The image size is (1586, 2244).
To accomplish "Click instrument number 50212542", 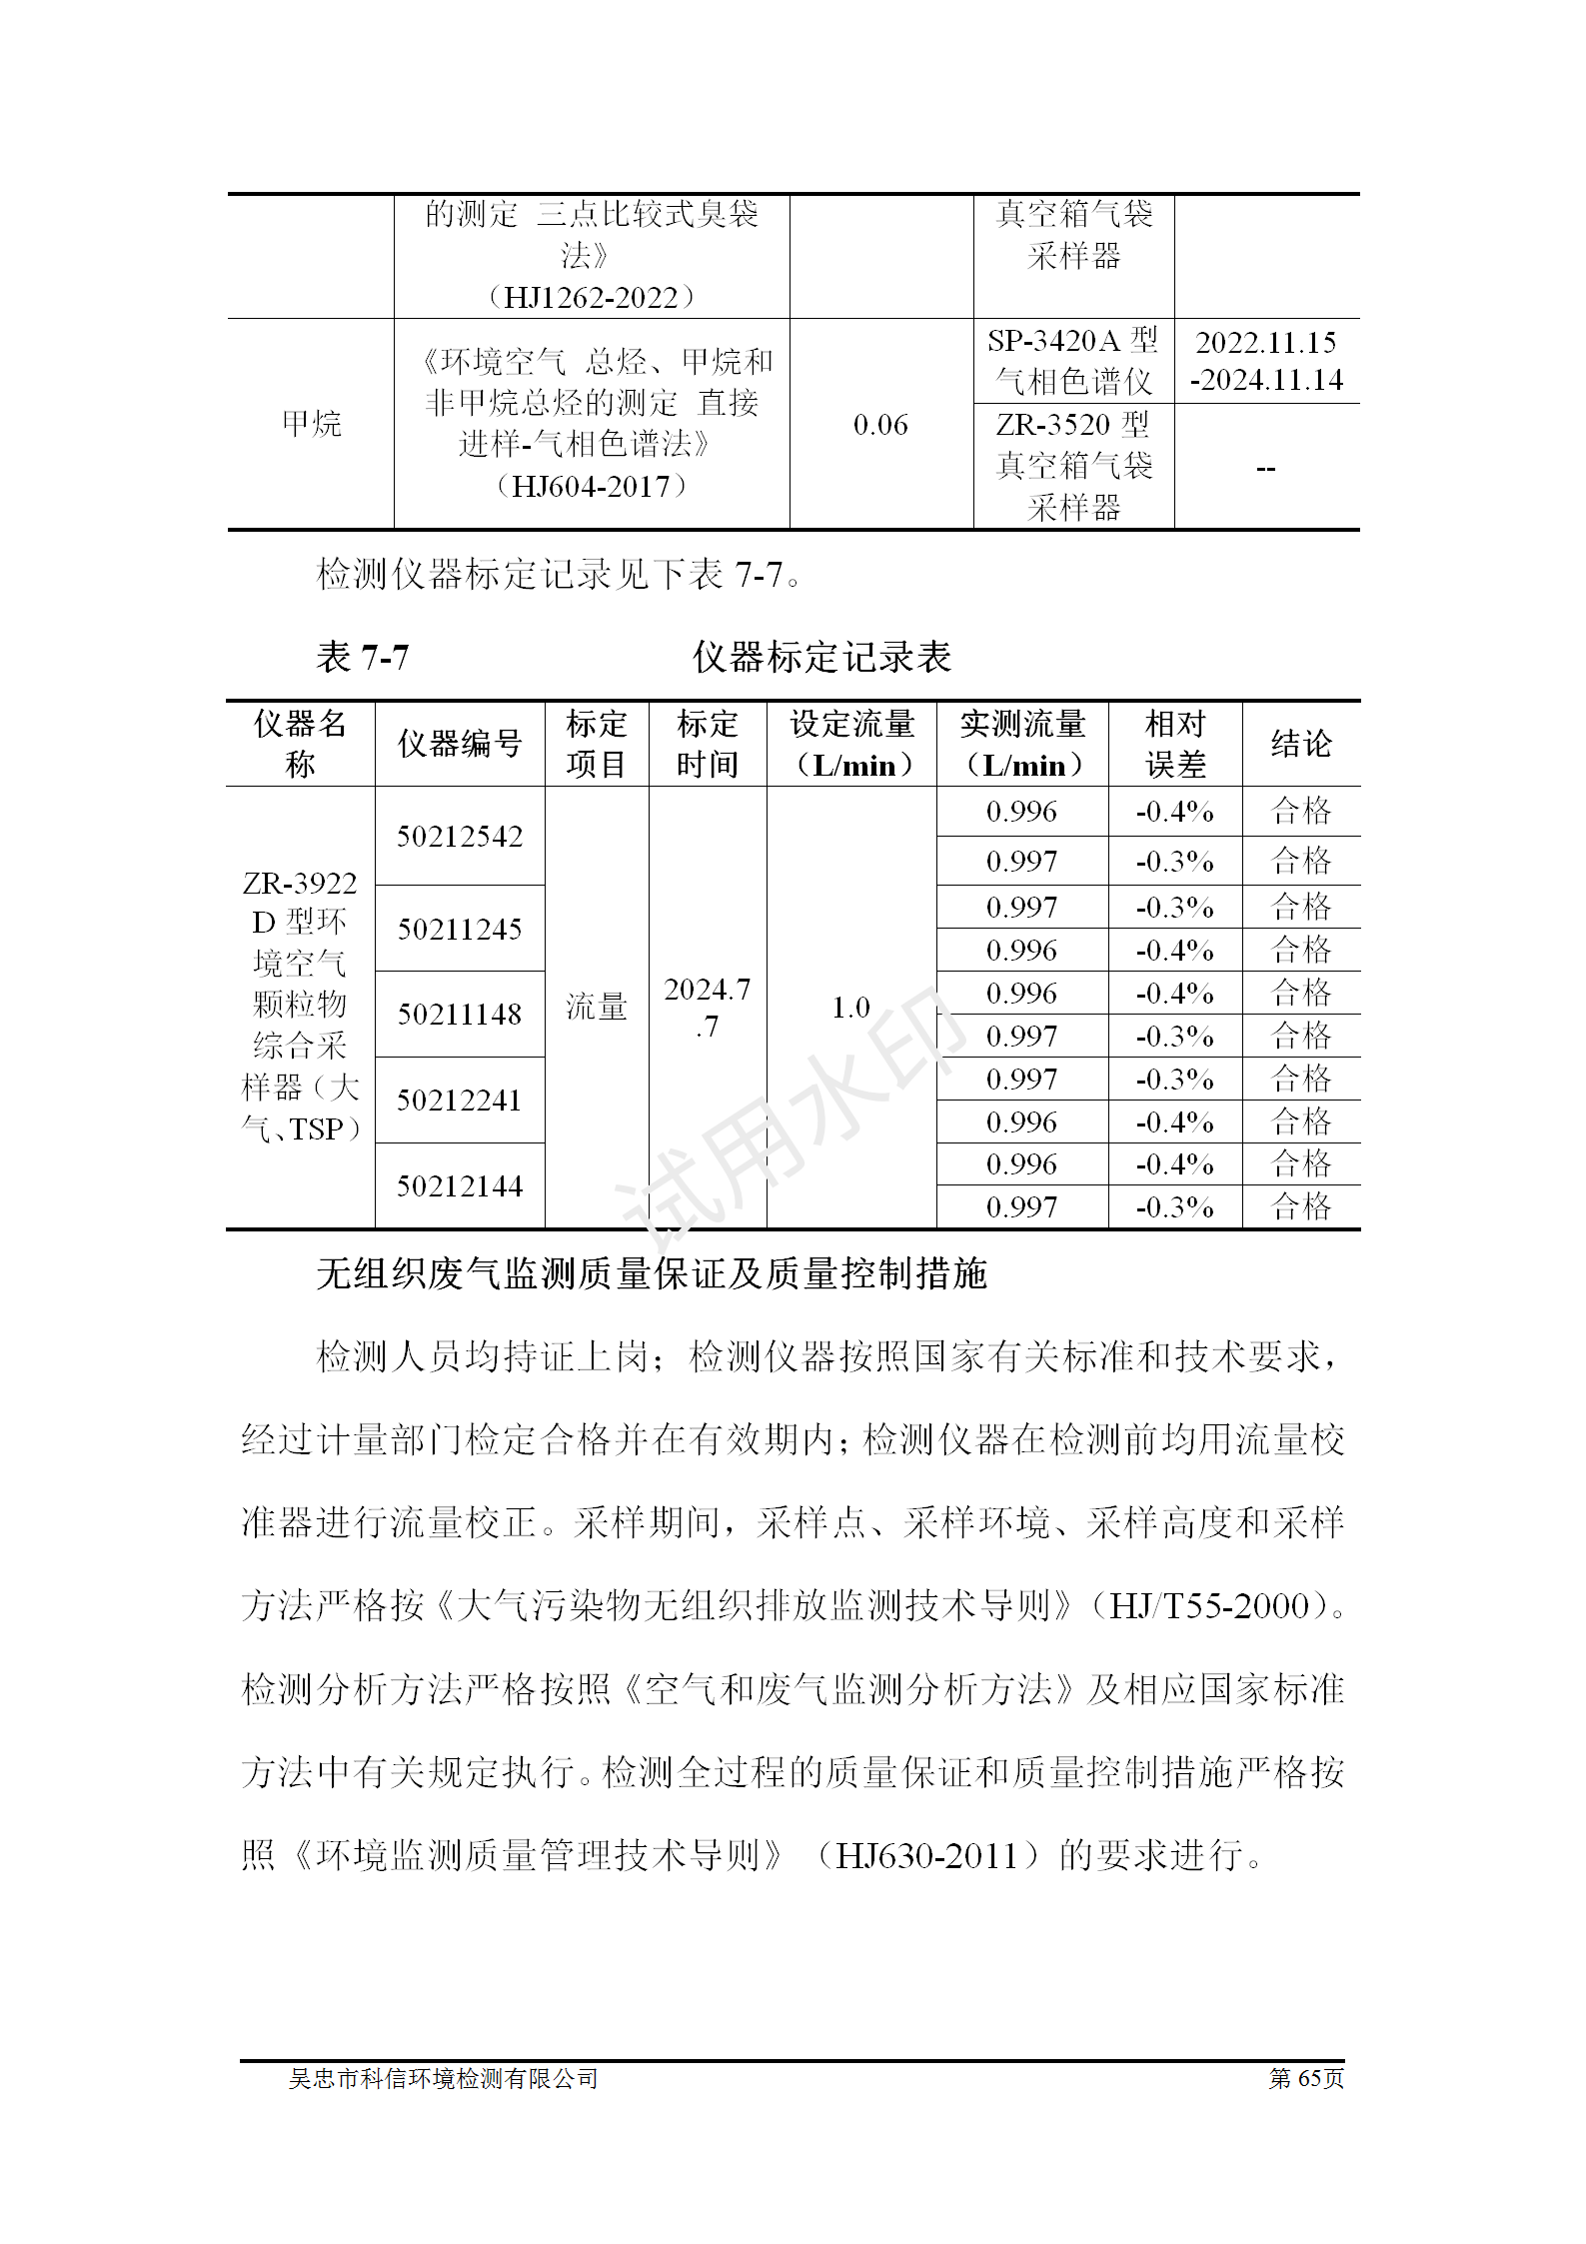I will pyautogui.click(x=460, y=836).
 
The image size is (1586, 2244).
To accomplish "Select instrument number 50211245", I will pyautogui.click(x=460, y=929).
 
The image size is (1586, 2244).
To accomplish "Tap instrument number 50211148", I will pyautogui.click(x=460, y=1014).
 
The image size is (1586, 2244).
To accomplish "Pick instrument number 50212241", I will pyautogui.click(x=460, y=1100).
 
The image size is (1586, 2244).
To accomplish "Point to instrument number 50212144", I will pyautogui.click(x=460, y=1185).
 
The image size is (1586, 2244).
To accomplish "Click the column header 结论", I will pyautogui.click(x=1300, y=743).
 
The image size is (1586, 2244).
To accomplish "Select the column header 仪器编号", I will pyautogui.click(x=460, y=743).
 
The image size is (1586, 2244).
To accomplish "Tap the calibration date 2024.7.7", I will pyautogui.click(x=707, y=1007).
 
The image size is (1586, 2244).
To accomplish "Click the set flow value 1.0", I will pyautogui.click(x=850, y=1007).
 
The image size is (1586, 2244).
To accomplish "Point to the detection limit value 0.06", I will pyautogui.click(x=880, y=425).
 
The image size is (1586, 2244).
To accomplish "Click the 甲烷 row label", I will pyautogui.click(x=311, y=424).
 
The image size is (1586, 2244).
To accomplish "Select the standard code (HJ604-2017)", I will pyautogui.click(x=592, y=487).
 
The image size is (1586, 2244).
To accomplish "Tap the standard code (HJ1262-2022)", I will pyautogui.click(x=592, y=297).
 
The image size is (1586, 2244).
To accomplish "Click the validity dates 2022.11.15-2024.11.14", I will pyautogui.click(x=1266, y=361).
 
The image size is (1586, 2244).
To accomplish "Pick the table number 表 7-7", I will pyautogui.click(x=362, y=657).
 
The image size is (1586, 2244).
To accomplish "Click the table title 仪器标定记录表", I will pyautogui.click(x=821, y=657).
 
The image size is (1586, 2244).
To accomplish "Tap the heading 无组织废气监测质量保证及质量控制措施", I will pyautogui.click(x=652, y=1273).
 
